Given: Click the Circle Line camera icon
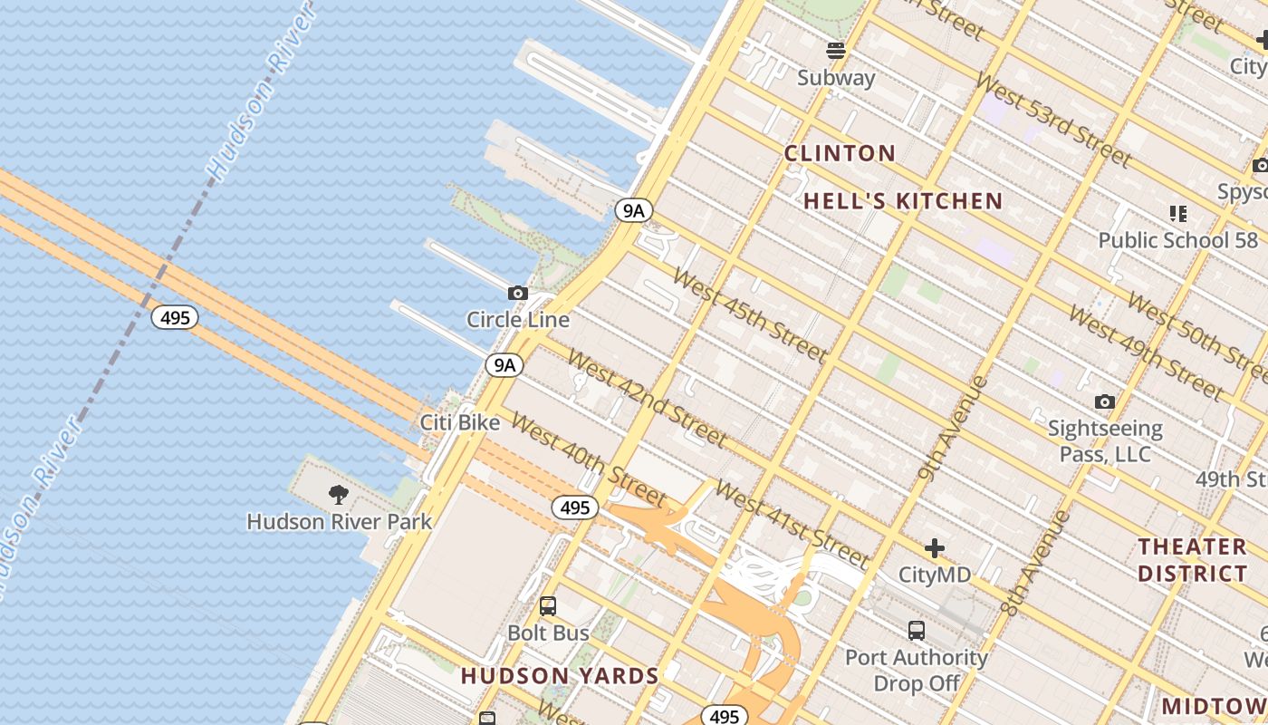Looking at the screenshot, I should point(518,293).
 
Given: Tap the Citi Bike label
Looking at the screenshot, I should point(460,422).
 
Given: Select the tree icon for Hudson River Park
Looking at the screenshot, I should point(339,495).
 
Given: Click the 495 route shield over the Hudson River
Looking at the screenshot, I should point(175,317).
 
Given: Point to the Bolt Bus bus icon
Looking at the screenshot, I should point(548,606).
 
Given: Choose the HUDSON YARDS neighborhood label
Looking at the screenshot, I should point(560,676).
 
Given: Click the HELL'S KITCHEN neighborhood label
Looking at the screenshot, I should point(903,201).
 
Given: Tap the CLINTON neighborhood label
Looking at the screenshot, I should point(840,153).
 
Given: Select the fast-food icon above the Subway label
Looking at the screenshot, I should point(836,50).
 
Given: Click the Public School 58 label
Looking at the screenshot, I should point(1177,240).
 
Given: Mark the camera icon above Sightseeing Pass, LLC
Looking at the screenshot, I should point(1104,401).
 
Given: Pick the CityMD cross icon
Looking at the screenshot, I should point(935,548).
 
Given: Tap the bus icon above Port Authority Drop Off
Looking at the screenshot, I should point(917,631).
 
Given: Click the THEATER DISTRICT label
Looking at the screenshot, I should point(1192,560).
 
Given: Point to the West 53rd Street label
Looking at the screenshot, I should point(1053,121).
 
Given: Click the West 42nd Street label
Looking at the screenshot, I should point(647,398).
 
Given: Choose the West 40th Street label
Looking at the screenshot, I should point(589,459).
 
